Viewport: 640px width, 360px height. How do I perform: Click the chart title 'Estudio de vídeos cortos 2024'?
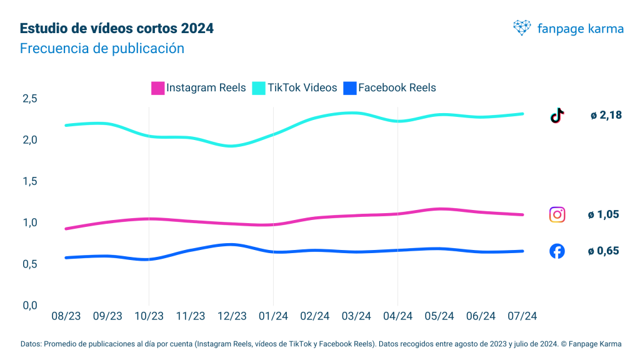tap(117, 29)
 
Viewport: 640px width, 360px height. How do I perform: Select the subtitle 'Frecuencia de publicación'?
tap(102, 48)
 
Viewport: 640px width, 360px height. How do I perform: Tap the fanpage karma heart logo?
tap(522, 27)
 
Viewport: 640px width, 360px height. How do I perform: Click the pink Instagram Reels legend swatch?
tap(158, 88)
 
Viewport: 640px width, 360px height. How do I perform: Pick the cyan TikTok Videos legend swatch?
tap(259, 88)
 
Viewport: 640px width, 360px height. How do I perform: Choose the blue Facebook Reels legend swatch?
tap(350, 88)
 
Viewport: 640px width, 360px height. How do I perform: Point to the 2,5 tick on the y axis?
tap(30, 99)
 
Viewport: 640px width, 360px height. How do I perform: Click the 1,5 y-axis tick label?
tap(30, 181)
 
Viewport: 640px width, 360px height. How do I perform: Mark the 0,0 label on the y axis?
tap(30, 305)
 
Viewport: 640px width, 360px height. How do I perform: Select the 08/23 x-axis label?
tap(66, 316)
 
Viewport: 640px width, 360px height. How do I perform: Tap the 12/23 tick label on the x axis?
tap(232, 316)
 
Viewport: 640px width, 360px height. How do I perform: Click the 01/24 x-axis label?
tap(273, 316)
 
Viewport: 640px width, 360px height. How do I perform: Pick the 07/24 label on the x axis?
tap(522, 316)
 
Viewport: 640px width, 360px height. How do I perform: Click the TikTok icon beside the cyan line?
tap(557, 115)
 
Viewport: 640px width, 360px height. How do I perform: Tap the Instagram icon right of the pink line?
tap(557, 214)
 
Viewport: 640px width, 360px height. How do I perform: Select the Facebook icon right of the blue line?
tap(557, 251)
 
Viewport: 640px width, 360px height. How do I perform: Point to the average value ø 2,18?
tap(606, 115)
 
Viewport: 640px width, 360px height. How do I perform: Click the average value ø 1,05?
tap(603, 214)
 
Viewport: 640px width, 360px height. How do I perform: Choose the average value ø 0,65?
tap(603, 251)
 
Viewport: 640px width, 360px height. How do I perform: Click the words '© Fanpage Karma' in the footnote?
tap(596, 344)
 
